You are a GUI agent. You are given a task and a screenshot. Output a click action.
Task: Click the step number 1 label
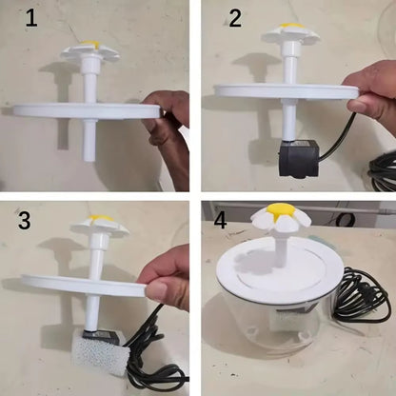pyautogui.click(x=31, y=19)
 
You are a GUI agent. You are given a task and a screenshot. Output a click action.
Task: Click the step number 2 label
pyautogui.click(x=235, y=19)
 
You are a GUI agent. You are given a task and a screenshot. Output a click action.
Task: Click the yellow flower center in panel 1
pyautogui.click(x=90, y=44)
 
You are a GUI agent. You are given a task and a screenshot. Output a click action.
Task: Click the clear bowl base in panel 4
pyautogui.click(x=276, y=333)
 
